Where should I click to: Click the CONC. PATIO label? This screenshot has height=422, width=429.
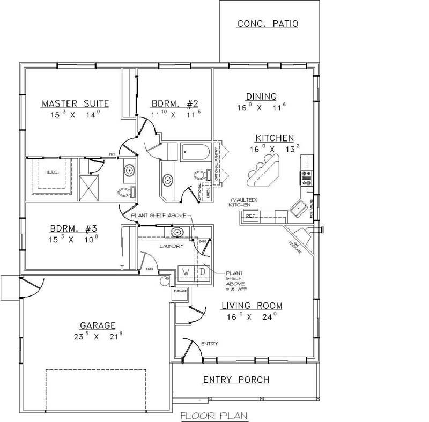tap(267, 24)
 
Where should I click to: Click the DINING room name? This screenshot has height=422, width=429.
tap(261, 97)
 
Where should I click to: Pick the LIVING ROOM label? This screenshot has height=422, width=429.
tap(252, 306)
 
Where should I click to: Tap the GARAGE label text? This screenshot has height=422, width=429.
tap(98, 325)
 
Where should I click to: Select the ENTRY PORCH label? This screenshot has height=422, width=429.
tap(235, 380)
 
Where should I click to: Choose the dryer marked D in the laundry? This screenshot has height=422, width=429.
tap(202, 272)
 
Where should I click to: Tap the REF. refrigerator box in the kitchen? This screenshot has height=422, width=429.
tap(250, 216)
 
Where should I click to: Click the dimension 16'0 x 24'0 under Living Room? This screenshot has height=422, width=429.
tap(252, 317)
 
